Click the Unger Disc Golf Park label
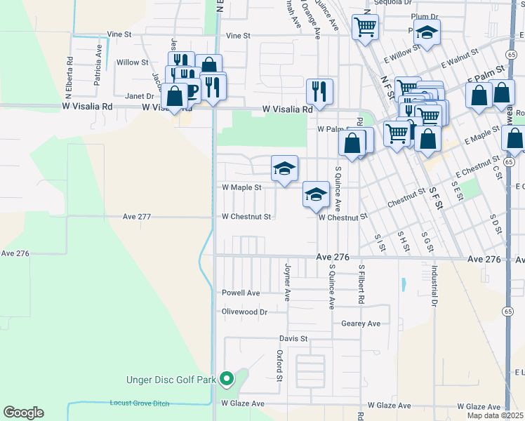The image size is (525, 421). pyautogui.click(x=171, y=380)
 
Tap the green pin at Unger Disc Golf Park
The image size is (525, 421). pyautogui.click(x=226, y=380)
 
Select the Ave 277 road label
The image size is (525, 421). pyautogui.click(x=136, y=217)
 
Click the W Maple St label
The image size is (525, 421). pyautogui.click(x=241, y=187)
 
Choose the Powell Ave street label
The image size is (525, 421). pyautogui.click(x=241, y=293)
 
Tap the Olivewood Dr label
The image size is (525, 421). pyautogui.click(x=244, y=312)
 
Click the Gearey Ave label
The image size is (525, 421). pyautogui.click(x=361, y=323)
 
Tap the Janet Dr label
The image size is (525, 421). pyautogui.click(x=140, y=96)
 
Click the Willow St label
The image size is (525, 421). pyautogui.click(x=133, y=62)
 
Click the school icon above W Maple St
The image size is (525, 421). pyautogui.click(x=284, y=168)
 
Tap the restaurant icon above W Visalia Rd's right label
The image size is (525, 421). pyautogui.click(x=319, y=91)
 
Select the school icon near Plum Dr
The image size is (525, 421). pyautogui.click(x=426, y=32)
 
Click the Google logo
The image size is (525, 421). pyautogui.click(x=23, y=412)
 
